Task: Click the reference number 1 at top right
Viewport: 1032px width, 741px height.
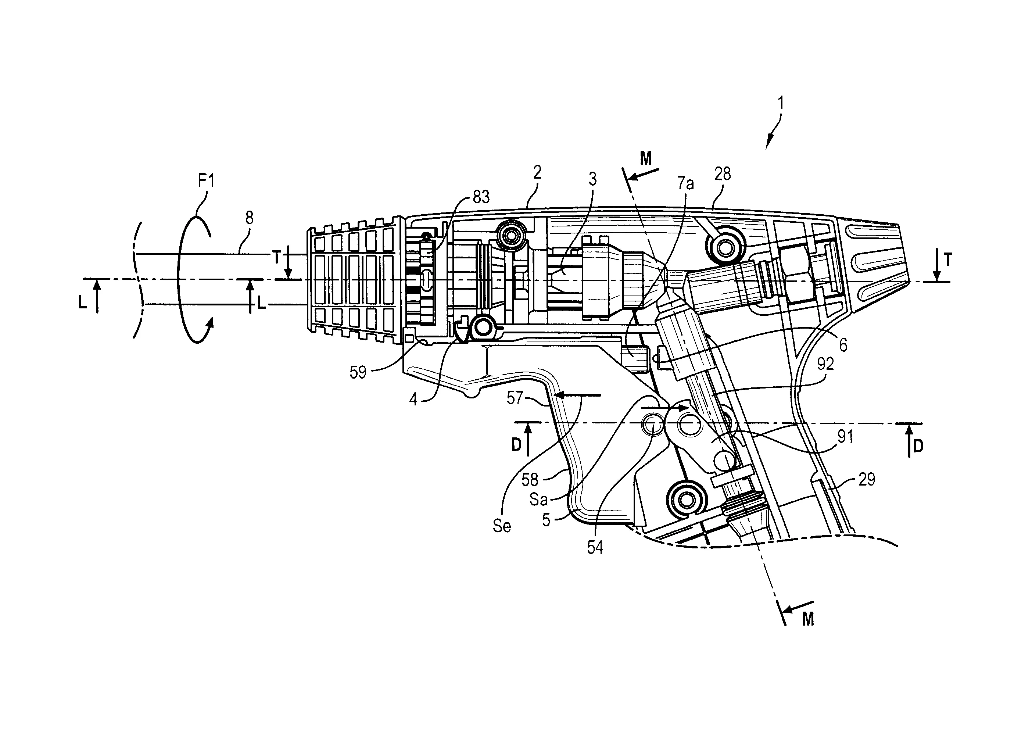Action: point(781,103)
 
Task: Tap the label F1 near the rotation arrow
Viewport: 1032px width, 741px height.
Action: point(206,182)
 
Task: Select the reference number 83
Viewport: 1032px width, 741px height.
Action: point(481,197)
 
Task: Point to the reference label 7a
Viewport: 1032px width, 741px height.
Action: point(685,183)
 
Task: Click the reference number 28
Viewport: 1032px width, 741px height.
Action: point(723,174)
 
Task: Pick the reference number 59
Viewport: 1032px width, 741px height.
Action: point(358,372)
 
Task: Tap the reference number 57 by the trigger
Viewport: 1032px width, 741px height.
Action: point(515,398)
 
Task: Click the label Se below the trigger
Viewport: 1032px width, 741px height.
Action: point(502,526)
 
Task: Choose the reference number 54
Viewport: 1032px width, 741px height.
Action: point(595,548)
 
